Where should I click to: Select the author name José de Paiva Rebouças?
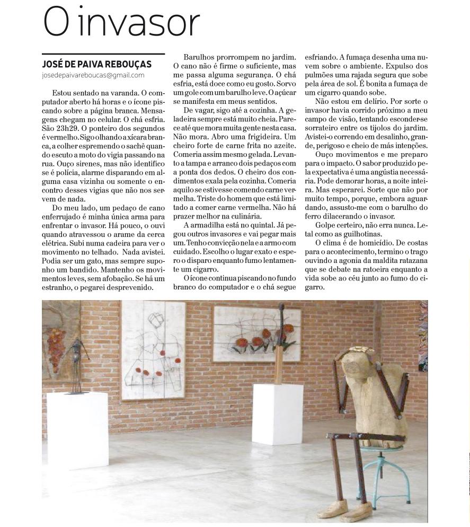pos(96,64)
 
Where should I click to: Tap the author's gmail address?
pos(93,75)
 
